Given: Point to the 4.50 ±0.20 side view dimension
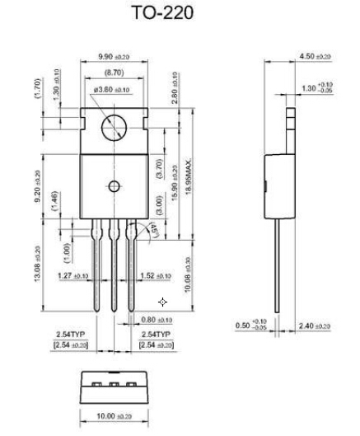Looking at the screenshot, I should pos(316,57).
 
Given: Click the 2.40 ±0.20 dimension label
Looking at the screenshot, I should pos(316,326).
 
